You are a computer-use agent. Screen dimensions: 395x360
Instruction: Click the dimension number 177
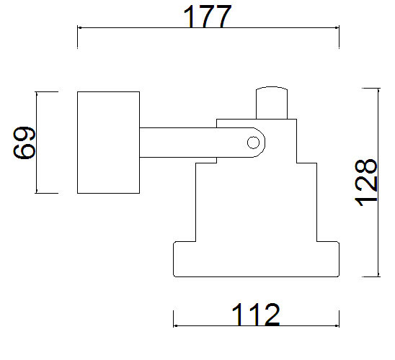[x=207, y=17]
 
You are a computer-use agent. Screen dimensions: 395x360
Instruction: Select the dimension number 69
[x=25, y=143]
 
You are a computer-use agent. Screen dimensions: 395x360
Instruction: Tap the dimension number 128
[x=365, y=182]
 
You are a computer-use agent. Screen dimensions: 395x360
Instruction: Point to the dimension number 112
[x=256, y=315]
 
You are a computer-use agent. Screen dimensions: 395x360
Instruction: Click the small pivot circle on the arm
[x=253, y=143]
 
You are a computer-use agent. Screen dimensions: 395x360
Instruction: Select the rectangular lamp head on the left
[x=108, y=143]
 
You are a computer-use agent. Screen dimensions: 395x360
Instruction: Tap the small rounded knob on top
[x=272, y=103]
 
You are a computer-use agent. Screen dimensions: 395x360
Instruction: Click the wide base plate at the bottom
[x=256, y=259]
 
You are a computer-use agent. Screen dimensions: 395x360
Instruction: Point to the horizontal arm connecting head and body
[x=202, y=143]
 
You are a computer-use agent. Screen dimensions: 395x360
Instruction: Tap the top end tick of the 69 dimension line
[x=37, y=92]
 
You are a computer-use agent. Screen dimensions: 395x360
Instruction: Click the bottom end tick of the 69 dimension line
[x=37, y=193]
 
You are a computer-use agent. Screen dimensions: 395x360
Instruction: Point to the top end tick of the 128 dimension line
[x=378, y=89]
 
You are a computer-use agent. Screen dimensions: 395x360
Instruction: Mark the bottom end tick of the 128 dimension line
[x=378, y=276]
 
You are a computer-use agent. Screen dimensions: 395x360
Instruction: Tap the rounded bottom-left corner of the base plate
[x=174, y=276]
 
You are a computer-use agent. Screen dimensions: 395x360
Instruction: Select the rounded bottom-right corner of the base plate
[x=338, y=276]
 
